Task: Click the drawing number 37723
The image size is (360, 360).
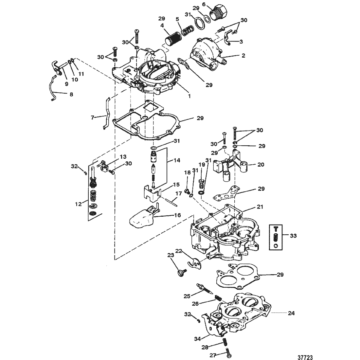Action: tap(305, 357)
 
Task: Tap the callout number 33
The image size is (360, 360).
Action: tap(293, 236)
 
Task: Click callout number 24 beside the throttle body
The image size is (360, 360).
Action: tap(291, 313)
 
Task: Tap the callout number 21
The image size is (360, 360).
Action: tap(260, 207)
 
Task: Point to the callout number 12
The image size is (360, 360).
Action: tap(79, 204)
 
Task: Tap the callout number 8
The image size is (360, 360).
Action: tap(71, 94)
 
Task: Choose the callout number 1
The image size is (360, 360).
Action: tap(189, 97)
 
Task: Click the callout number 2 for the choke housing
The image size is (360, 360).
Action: tap(243, 55)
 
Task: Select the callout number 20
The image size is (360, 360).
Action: tap(261, 164)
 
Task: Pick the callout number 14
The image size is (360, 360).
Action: tap(177, 160)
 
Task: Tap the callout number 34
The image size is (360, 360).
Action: tap(198, 339)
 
